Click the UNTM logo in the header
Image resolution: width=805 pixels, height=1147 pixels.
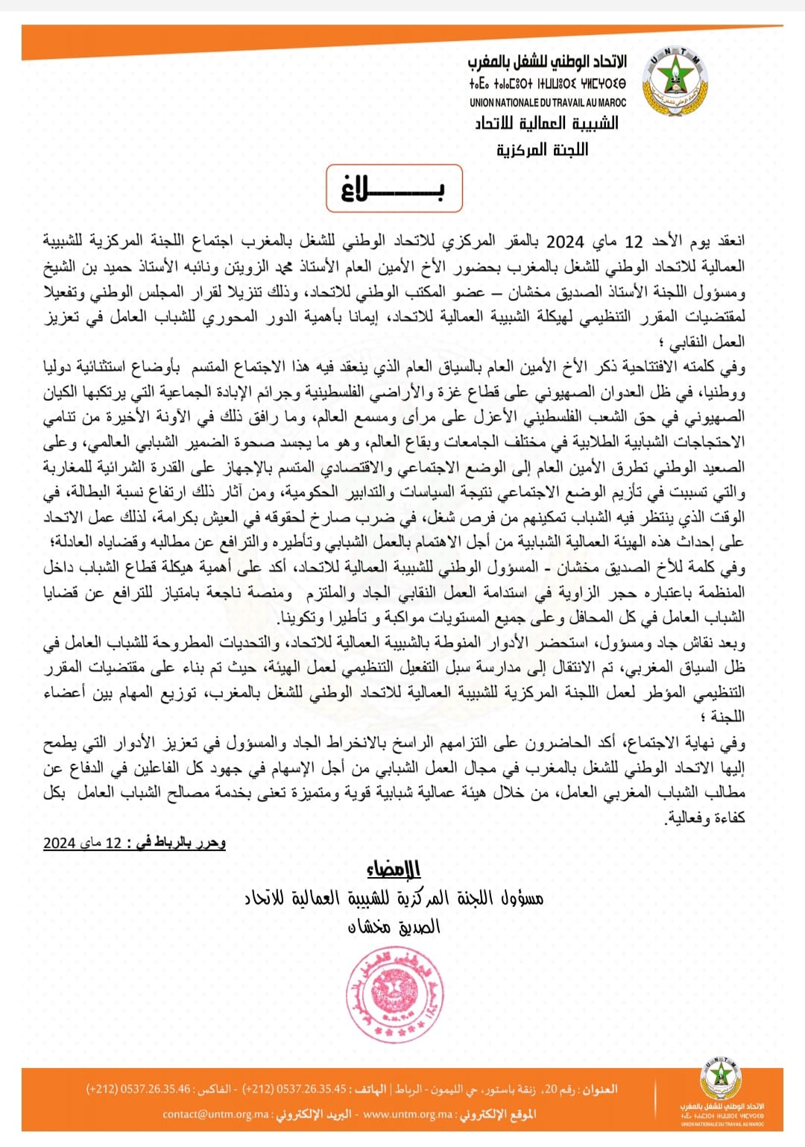pos(674,81)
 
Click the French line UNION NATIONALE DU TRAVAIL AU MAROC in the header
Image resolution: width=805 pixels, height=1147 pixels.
pos(548,103)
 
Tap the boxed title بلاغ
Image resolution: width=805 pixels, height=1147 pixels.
pos(394,189)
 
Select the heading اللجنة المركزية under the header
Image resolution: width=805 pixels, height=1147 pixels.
pos(542,150)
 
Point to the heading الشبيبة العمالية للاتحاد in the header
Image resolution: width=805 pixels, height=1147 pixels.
pos(546,123)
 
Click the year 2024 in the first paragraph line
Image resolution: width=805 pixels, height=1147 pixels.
pos(565,242)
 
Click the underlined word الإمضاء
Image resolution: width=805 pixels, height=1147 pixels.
pos(393,870)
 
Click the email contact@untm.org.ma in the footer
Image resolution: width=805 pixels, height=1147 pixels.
pos(215,1114)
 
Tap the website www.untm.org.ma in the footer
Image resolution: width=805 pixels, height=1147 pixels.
pos(408,1114)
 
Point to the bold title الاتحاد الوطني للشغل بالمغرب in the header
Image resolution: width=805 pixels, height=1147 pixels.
pos(548,62)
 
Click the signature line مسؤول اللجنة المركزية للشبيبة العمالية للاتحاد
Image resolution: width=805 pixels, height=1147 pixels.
pos(394,898)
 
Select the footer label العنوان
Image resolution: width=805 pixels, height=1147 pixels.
pos(599,1090)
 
